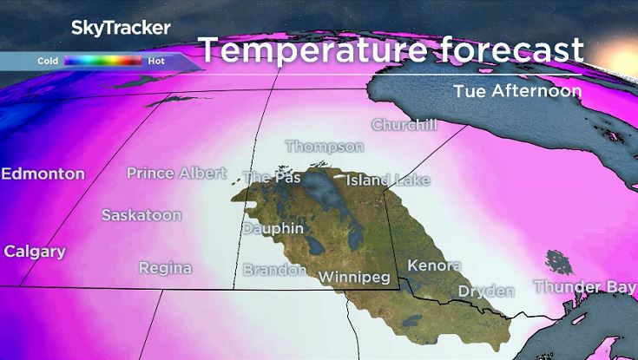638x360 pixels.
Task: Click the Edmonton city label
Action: coord(43,173)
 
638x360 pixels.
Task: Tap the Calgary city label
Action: coord(35,252)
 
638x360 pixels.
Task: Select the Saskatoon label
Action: coord(141,214)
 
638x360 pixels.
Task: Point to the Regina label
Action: coord(165,267)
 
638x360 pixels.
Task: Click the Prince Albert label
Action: coord(176,173)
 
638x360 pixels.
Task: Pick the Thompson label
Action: coord(325,146)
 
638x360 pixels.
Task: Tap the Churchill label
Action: coord(404,124)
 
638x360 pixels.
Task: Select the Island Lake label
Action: coord(388,180)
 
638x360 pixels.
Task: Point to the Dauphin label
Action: coord(273,228)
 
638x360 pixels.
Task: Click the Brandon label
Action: coord(274,270)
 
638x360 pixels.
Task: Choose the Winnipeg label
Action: coord(357,277)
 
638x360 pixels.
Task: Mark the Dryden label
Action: coord(486,291)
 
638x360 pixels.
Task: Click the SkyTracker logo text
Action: coord(121,28)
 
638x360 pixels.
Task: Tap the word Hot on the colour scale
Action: coord(157,62)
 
